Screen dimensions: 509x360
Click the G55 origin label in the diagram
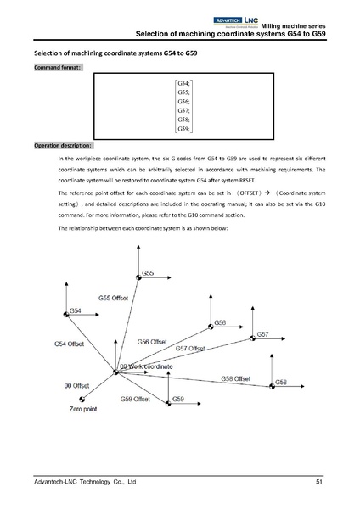click(148, 274)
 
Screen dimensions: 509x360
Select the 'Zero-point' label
click(85, 409)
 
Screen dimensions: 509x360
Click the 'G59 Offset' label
click(135, 399)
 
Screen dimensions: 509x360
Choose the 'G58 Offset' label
click(235, 378)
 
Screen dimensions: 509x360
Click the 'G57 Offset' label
click(191, 349)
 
